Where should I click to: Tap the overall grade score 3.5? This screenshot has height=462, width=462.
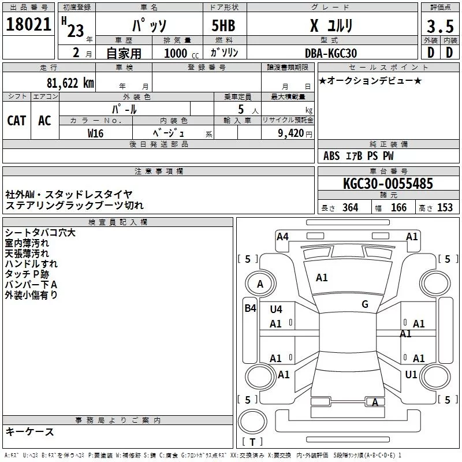(x=439, y=26)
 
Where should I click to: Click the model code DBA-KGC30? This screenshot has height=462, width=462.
(x=331, y=53)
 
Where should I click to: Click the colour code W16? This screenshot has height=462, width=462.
(x=95, y=133)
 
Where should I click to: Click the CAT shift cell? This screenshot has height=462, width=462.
(x=16, y=120)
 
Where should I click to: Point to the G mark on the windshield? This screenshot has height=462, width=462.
(x=365, y=304)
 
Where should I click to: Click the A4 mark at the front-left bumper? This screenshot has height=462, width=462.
(x=282, y=236)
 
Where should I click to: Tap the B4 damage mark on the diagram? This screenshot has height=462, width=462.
(x=249, y=308)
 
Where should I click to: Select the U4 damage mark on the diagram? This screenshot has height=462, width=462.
(x=276, y=310)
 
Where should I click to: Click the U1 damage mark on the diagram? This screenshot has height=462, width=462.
(x=411, y=375)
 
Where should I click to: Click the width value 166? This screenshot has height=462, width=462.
(x=398, y=208)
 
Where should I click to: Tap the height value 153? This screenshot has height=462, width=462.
(x=445, y=208)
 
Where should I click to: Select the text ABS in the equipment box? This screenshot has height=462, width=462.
(x=331, y=156)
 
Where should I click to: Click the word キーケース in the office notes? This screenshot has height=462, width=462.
(x=30, y=431)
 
